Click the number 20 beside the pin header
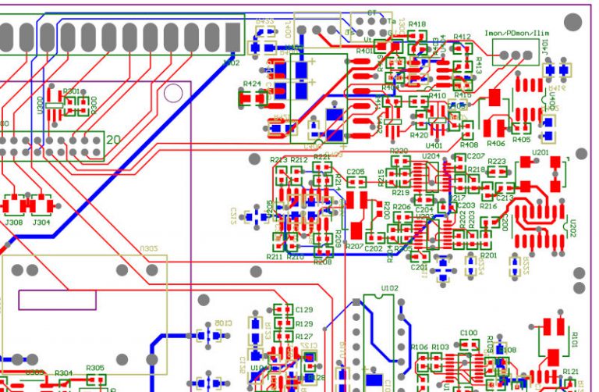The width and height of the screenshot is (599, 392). [113, 140]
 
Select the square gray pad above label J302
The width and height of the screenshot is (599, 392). [232, 36]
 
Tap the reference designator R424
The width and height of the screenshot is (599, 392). [252, 83]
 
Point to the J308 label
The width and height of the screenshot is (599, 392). [14, 222]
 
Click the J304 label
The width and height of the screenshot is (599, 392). [41, 222]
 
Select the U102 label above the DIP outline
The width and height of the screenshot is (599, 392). [389, 288]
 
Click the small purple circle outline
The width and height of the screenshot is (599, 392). [173, 94]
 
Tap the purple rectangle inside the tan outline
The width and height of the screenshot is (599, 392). [57, 300]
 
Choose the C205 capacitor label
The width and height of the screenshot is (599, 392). [356, 171]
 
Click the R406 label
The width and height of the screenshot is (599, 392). [495, 144]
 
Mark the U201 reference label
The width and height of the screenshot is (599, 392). [540, 152]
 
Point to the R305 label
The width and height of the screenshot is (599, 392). [95, 368]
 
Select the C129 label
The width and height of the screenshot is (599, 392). [304, 310]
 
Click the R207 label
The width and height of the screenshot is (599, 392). [354, 247]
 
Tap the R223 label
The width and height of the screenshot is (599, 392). [497, 162]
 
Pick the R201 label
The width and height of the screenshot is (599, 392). [488, 255]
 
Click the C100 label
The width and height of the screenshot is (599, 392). [468, 333]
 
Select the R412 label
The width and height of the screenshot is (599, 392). [462, 37]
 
